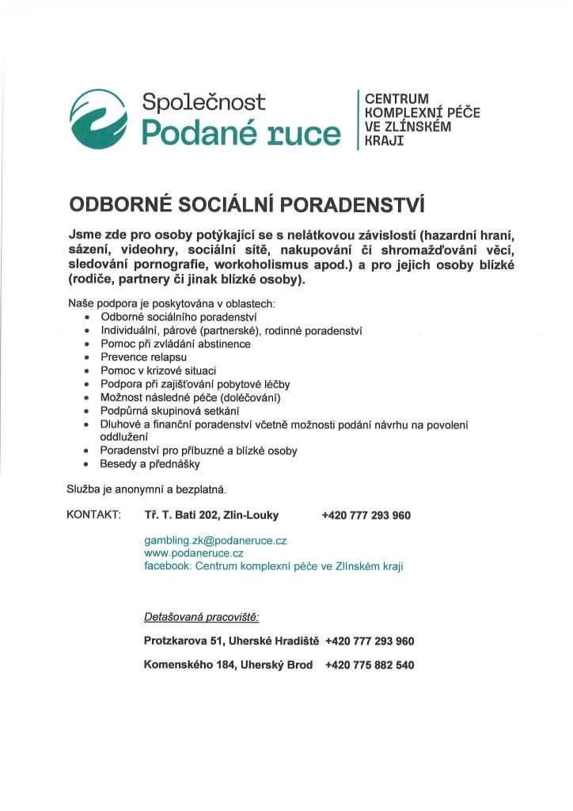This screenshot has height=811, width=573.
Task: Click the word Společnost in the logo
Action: pyautogui.click(x=203, y=102)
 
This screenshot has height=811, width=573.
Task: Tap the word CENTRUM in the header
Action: pyautogui.click(x=396, y=99)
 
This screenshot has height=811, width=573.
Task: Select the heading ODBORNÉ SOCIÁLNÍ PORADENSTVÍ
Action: pyautogui.click(x=247, y=205)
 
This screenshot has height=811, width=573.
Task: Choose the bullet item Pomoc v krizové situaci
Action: pyautogui.click(x=158, y=371)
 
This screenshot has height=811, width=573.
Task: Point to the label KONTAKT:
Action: pyautogui.click(x=94, y=516)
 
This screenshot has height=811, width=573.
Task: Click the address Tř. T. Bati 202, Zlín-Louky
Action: pyautogui.click(x=211, y=516)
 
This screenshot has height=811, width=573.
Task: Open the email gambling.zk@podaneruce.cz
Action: pyautogui.click(x=215, y=540)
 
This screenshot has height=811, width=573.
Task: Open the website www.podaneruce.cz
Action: pyautogui.click(x=194, y=554)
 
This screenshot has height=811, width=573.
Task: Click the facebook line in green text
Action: pyautogui.click(x=274, y=567)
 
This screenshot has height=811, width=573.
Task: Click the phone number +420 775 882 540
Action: pyautogui.click(x=370, y=665)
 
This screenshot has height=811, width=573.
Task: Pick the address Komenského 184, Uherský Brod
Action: pyautogui.click(x=228, y=665)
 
